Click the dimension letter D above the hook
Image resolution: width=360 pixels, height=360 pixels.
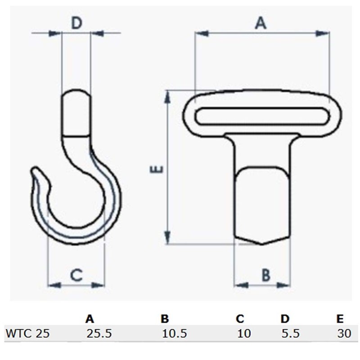77,24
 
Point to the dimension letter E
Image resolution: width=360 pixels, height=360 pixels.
157,169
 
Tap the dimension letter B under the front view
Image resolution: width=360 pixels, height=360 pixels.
266,274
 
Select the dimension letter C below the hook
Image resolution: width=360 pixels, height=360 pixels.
76,274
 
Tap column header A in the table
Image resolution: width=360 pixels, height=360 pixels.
90,319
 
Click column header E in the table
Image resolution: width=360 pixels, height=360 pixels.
340,319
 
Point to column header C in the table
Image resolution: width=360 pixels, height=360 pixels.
239,319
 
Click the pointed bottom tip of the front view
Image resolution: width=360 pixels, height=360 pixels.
262,243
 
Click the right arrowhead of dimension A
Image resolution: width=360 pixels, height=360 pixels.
323,33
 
